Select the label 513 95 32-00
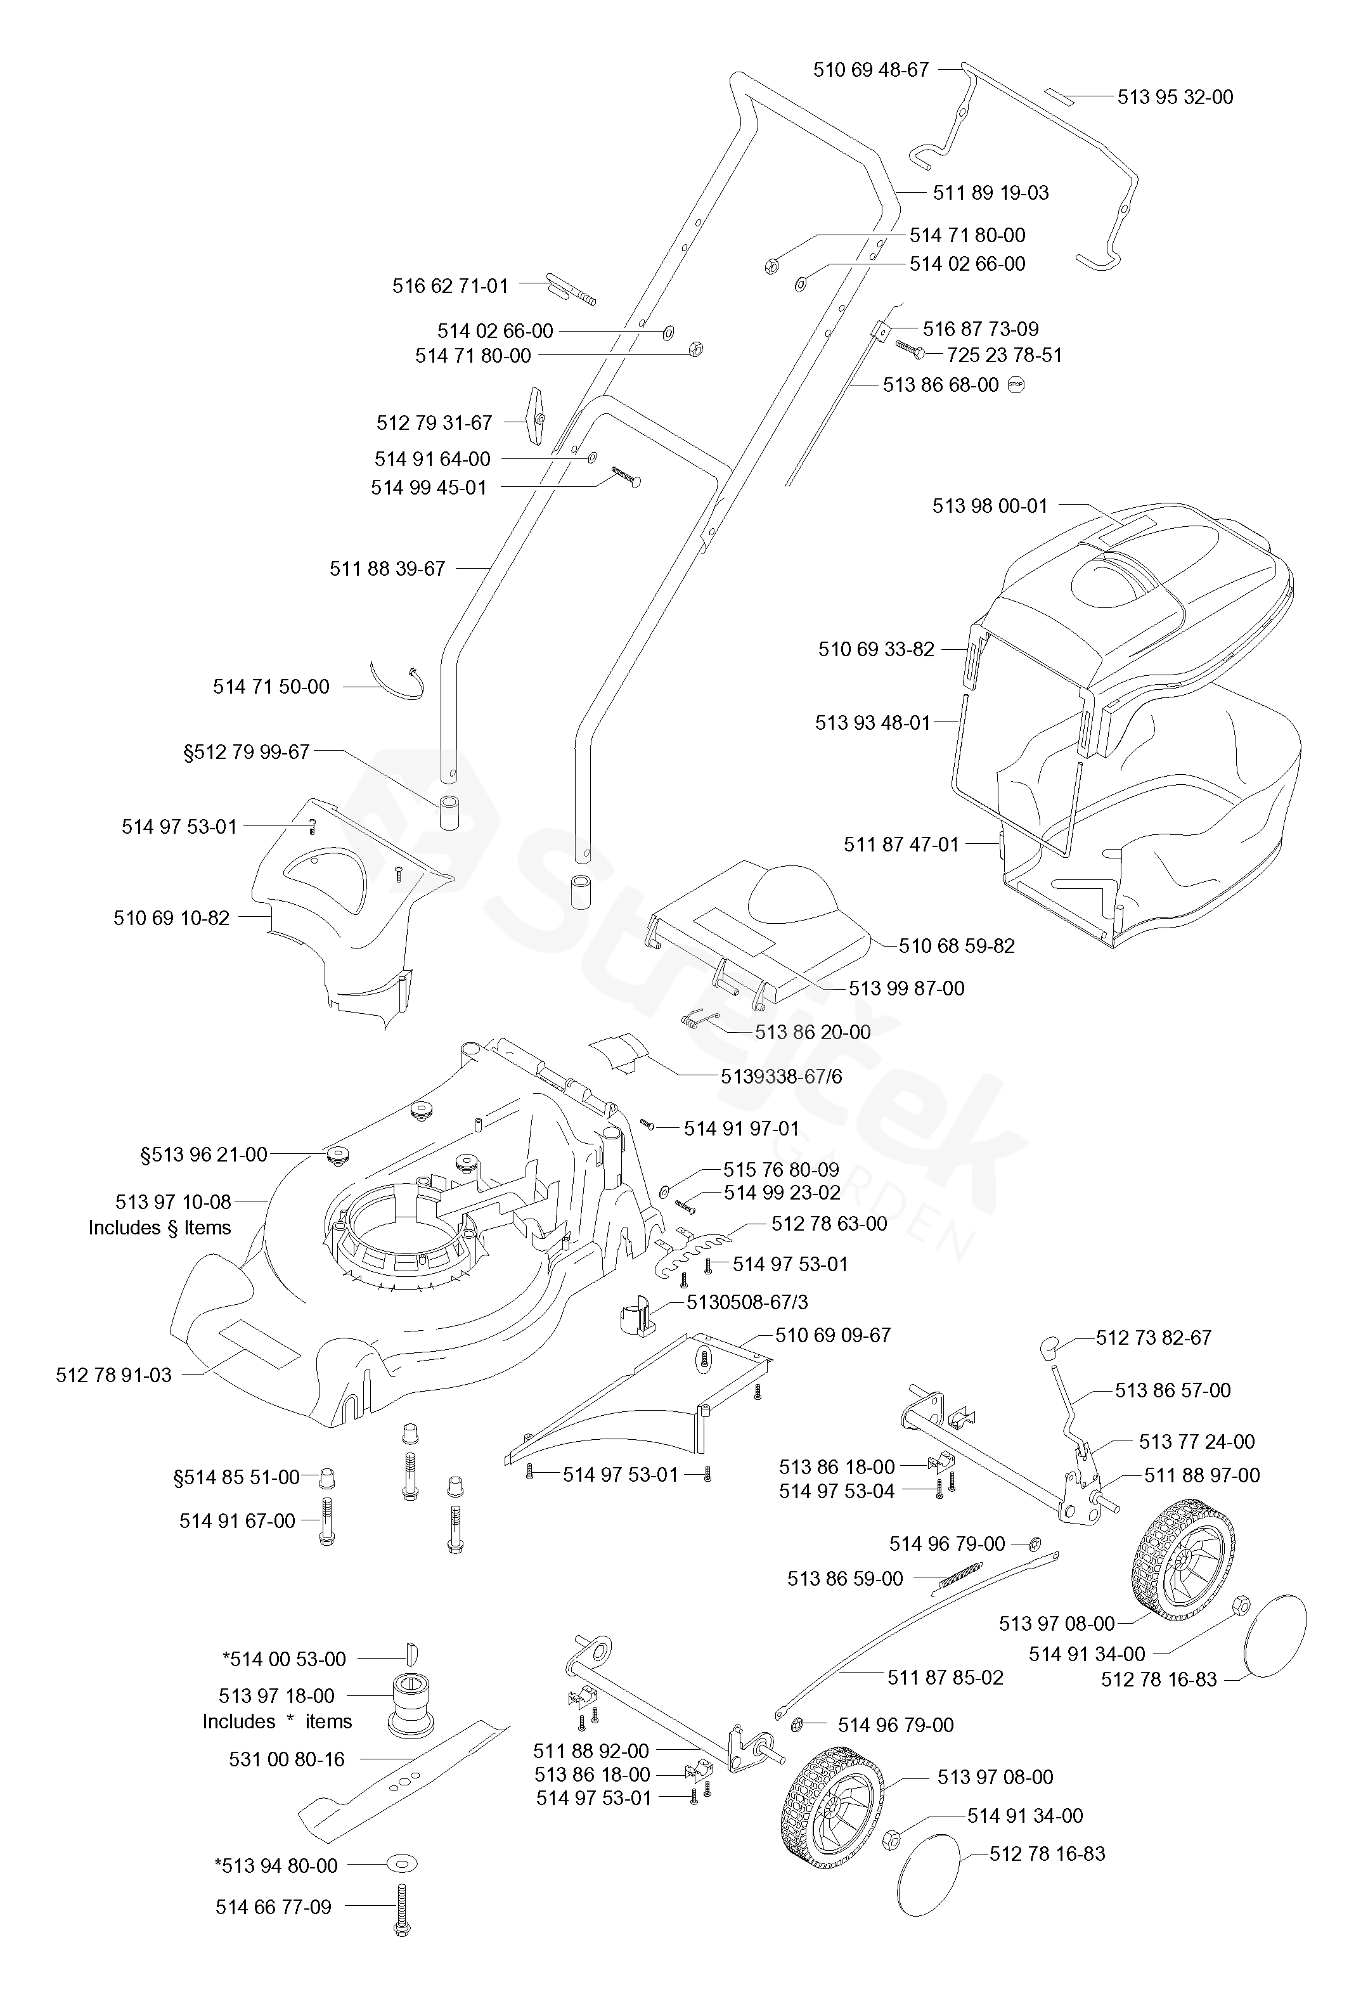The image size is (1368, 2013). [1175, 97]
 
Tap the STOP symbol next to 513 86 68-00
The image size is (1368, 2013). [1016, 385]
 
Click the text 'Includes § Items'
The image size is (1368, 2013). [159, 1227]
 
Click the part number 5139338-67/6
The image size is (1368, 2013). [781, 1076]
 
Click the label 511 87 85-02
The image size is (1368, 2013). [945, 1678]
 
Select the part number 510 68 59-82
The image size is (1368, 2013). [956, 946]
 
